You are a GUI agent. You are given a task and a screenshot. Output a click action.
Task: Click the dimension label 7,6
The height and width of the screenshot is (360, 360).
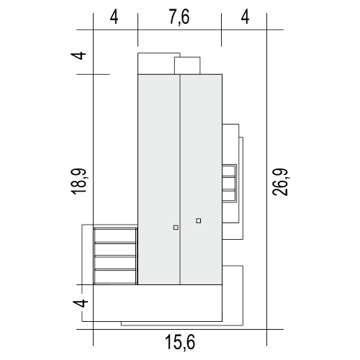(x=179, y=17)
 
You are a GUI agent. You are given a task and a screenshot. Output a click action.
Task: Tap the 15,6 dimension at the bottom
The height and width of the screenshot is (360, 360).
(x=180, y=343)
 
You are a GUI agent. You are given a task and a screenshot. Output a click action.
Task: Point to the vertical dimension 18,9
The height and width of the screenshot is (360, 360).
(x=78, y=181)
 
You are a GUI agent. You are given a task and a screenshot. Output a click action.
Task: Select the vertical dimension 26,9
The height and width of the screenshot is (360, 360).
(x=281, y=181)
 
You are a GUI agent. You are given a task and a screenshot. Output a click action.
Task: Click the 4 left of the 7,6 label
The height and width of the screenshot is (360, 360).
(x=114, y=17)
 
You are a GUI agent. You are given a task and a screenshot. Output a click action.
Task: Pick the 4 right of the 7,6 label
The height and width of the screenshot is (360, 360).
(x=245, y=17)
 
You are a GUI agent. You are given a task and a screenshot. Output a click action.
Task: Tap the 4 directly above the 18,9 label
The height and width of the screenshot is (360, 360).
(x=78, y=55)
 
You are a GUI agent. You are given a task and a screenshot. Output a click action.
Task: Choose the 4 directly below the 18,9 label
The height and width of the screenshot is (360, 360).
(x=81, y=303)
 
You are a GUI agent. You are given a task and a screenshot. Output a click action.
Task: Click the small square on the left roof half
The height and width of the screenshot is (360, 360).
(x=176, y=228)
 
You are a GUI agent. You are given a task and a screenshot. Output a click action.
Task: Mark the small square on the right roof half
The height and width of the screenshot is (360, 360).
(x=198, y=220)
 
